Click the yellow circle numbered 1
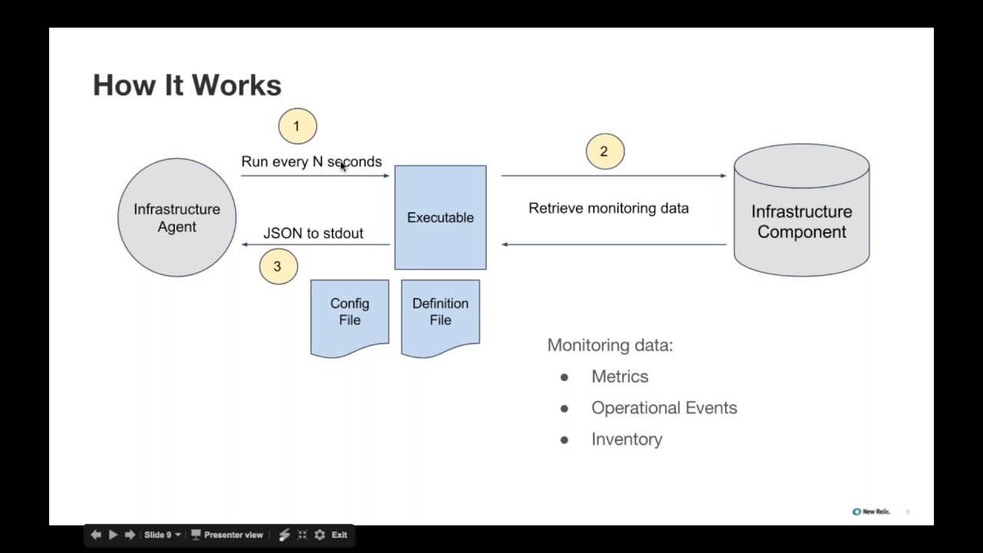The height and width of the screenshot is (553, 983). pos(297,126)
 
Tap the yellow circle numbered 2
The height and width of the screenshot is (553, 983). pos(604,151)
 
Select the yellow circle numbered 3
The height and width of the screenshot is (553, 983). pos(278,267)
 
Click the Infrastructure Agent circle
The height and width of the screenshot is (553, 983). pos(177,217)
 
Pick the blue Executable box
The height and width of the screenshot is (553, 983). pos(440,217)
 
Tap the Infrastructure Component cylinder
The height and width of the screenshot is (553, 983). pos(802,210)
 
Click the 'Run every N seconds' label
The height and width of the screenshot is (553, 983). pos(312,161)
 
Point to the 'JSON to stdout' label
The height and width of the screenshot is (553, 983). pos(313,233)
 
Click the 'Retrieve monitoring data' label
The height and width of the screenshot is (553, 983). pos(609,208)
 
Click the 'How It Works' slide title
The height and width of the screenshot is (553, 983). pos(187,84)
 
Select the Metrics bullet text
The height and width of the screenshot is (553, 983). pos(620,376)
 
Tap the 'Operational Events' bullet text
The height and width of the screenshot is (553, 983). pos(664,408)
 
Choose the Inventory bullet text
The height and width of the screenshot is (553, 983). pos(627,439)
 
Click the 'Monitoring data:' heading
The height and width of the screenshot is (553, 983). pos(610,345)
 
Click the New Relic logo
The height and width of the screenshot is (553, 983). pos(871,512)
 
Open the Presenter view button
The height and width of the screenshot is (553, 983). pos(227,535)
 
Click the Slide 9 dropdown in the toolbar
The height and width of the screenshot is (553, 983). pos(162,535)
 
